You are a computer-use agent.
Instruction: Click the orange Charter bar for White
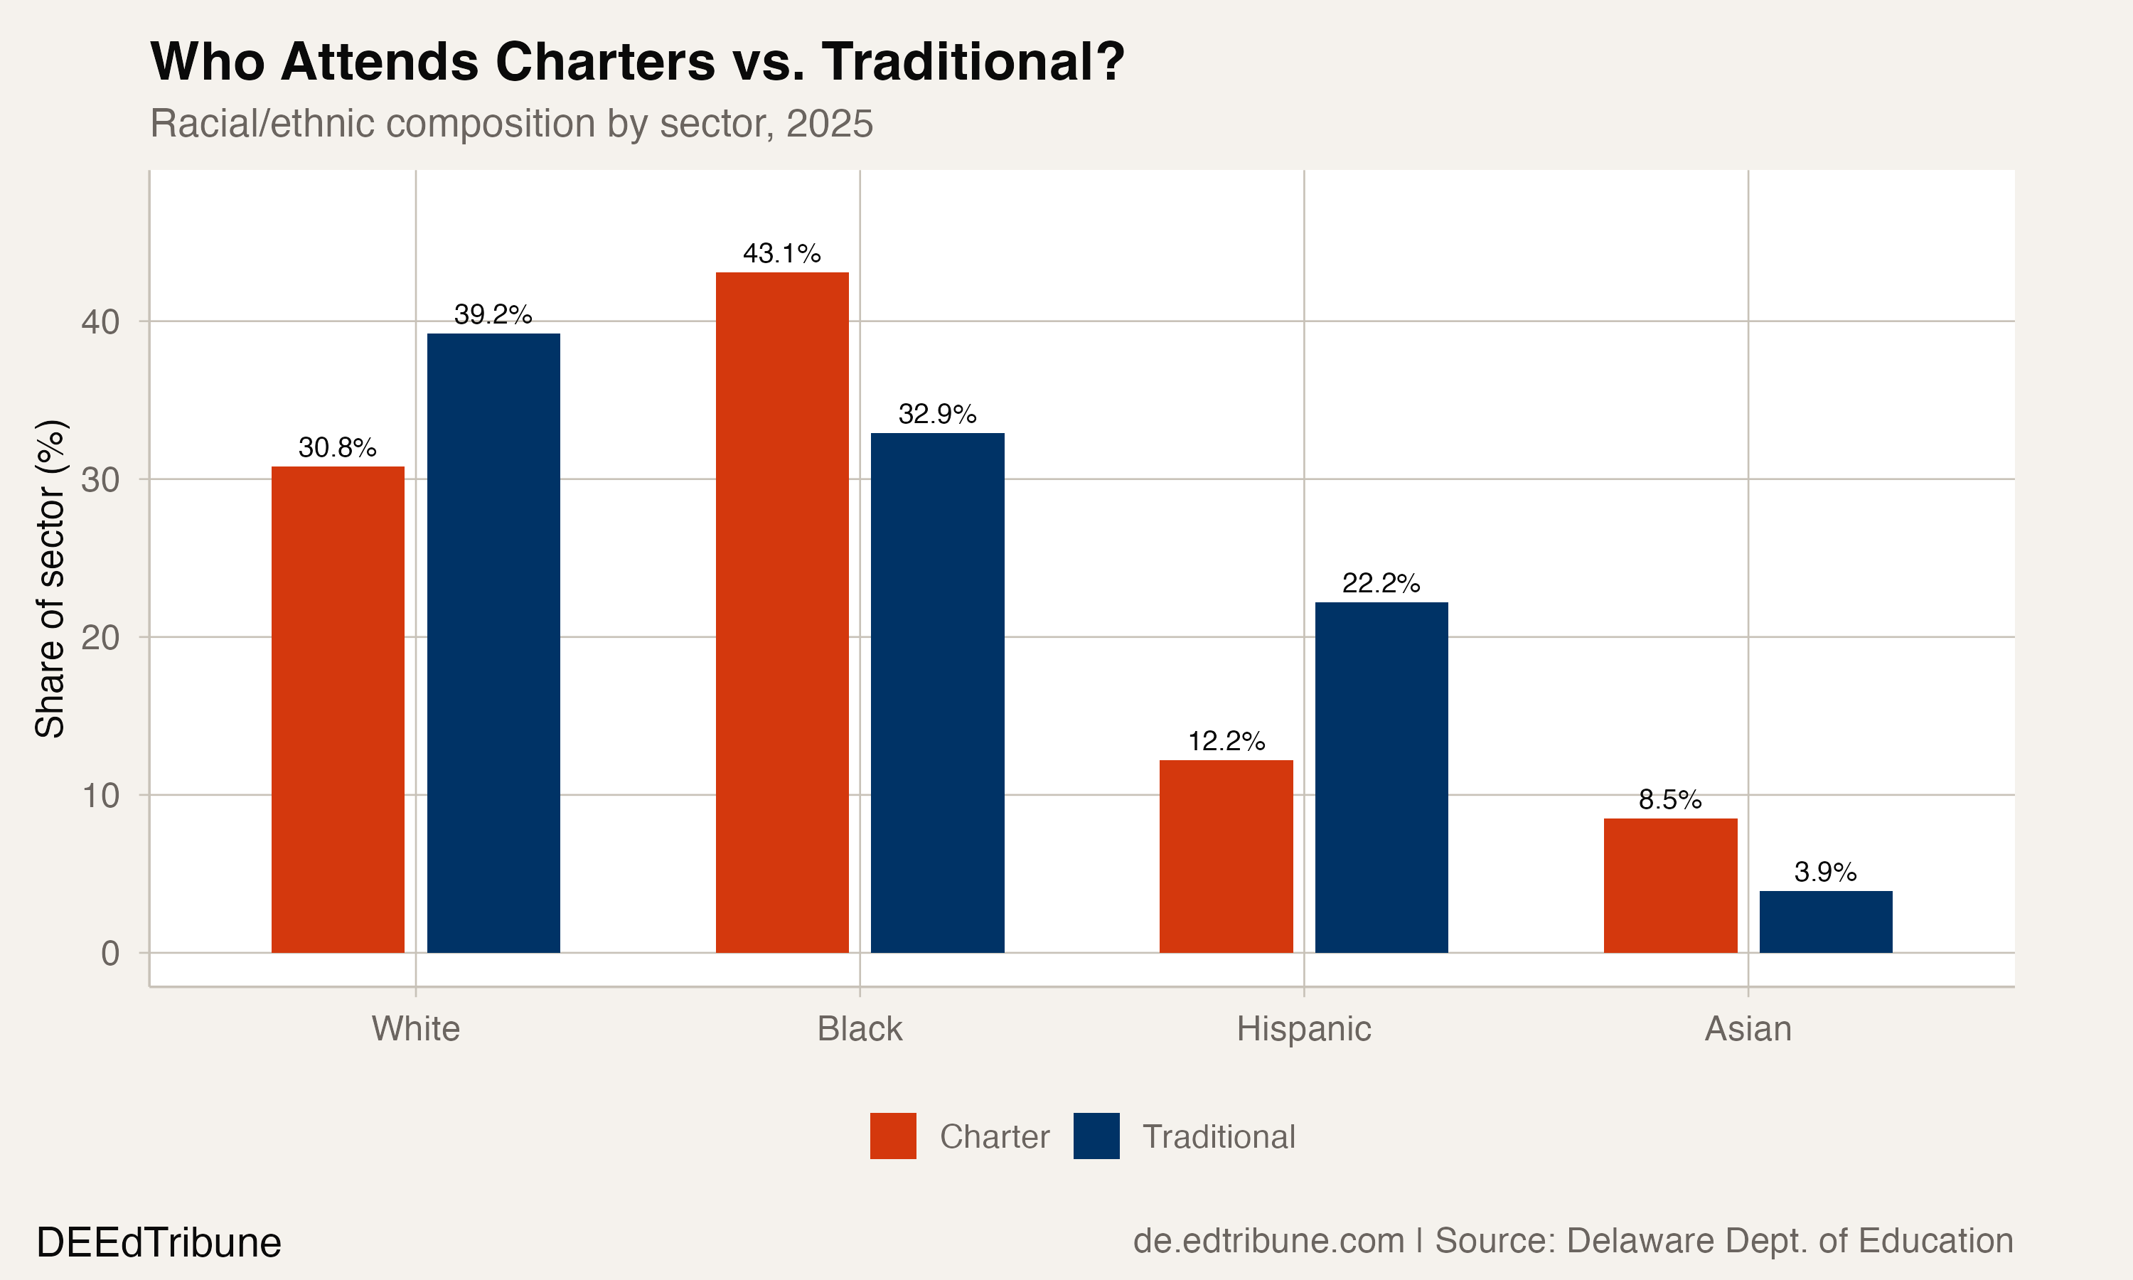click(338, 709)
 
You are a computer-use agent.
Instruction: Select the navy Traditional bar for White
click(493, 643)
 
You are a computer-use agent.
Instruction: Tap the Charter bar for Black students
click(782, 612)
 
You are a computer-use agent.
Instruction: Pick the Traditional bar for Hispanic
click(1381, 777)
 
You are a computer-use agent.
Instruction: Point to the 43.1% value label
click(782, 254)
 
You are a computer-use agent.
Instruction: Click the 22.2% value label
click(1381, 583)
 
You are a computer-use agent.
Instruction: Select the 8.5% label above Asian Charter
click(1670, 799)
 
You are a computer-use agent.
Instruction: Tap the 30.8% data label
click(337, 448)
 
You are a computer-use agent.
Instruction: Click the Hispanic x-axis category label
click(1303, 1029)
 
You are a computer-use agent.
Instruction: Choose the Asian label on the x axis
click(1748, 1029)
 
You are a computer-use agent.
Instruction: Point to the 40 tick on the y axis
click(100, 321)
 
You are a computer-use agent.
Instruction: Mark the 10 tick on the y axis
click(100, 795)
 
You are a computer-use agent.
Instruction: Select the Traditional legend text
click(1218, 1137)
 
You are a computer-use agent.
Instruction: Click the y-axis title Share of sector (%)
click(50, 578)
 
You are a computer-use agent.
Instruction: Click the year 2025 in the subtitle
click(830, 123)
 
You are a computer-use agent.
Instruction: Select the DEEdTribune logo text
click(159, 1243)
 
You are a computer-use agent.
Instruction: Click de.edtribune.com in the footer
click(1268, 1240)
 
